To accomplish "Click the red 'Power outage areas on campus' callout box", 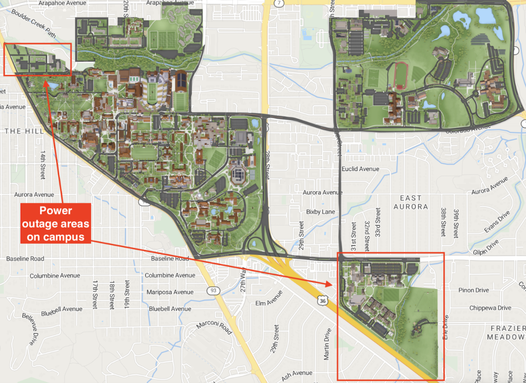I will [x=56, y=223].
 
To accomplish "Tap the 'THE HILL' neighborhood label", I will [x=24, y=131].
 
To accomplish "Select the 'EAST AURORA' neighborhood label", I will [x=411, y=202].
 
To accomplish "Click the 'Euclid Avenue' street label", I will [x=360, y=169].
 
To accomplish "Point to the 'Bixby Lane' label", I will [x=321, y=212].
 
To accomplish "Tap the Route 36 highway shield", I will [x=323, y=301].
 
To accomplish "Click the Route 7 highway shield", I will [x=279, y=3].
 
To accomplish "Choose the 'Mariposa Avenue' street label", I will [x=170, y=292].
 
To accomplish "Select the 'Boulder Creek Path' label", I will [x=34, y=23].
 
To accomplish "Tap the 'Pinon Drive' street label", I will [x=473, y=290].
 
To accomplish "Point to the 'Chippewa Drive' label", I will [x=490, y=308].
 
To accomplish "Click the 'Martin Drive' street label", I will [x=327, y=344].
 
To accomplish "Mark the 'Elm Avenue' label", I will [x=269, y=298].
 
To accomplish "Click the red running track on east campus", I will [x=401, y=76].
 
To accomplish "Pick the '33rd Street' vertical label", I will [x=377, y=222].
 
